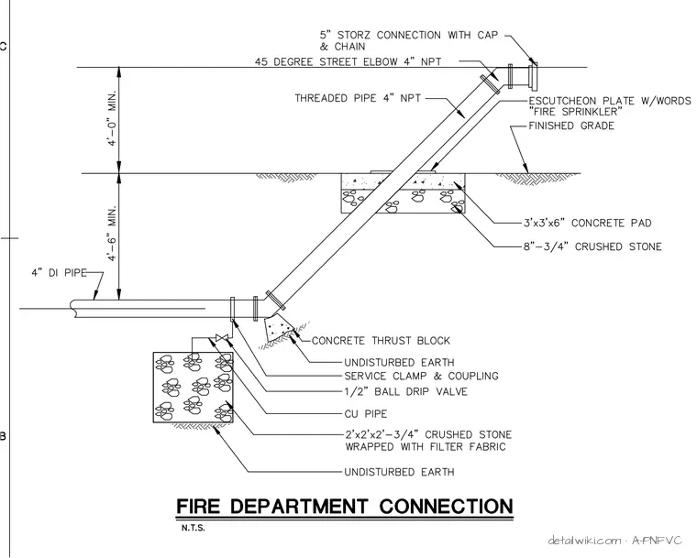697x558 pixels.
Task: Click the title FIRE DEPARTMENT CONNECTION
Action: (345, 507)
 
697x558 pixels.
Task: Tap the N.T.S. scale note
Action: (193, 529)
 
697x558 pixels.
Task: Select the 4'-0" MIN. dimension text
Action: (112, 118)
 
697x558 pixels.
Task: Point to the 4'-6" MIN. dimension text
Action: (112, 234)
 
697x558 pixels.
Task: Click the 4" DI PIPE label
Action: (59, 272)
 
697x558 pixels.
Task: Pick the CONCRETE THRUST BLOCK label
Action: (381, 341)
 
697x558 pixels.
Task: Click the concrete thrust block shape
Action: (278, 329)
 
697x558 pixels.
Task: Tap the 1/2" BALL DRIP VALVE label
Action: (406, 391)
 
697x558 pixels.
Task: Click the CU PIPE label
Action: (365, 414)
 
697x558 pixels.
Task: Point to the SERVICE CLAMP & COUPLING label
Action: (421, 377)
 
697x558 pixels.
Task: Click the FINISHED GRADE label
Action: (571, 126)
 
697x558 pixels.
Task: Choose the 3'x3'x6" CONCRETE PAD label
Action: (587, 223)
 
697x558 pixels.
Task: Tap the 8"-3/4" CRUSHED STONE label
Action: (592, 246)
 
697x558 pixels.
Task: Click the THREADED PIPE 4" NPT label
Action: (358, 98)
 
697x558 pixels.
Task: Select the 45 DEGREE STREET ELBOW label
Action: (348, 61)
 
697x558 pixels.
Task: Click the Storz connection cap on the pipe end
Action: (533, 76)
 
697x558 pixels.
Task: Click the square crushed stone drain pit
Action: (193, 387)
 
